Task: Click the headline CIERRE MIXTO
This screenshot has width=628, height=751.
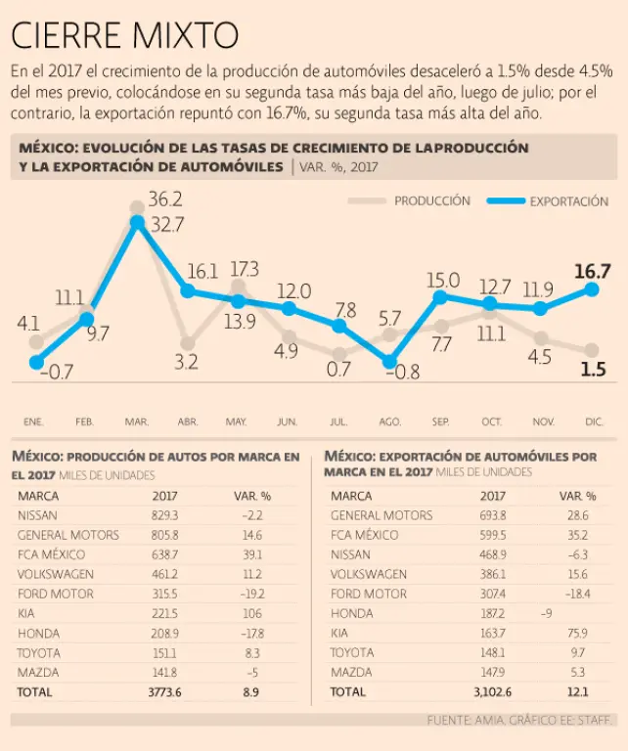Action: (124, 35)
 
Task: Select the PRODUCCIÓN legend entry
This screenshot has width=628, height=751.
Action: (431, 201)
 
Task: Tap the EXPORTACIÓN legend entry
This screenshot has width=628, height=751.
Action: (568, 201)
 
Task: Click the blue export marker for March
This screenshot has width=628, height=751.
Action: (138, 222)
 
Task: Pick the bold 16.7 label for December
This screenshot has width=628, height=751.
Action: (593, 271)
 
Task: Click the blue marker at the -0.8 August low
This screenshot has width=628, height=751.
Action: (389, 361)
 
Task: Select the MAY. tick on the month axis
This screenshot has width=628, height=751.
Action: (236, 421)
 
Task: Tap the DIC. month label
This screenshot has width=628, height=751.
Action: (594, 421)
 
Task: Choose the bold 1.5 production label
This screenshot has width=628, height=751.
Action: (592, 370)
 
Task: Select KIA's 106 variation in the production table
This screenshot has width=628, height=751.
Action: (250, 613)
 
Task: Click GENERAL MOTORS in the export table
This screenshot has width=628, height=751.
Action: (381, 514)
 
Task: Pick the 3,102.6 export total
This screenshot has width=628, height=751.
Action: (492, 691)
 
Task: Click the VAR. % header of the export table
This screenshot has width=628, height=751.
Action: (577, 496)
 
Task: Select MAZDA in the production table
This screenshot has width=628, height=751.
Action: (38, 672)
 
